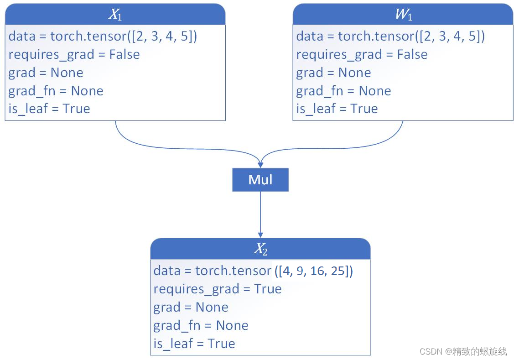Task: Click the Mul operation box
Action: (260, 180)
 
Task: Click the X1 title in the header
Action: (115, 15)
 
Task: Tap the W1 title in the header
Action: (403, 15)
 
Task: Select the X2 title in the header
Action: (260, 249)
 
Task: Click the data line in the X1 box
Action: (103, 36)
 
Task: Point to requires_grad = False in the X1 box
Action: (74, 54)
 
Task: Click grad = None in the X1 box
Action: (46, 73)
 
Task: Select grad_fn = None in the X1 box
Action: (56, 91)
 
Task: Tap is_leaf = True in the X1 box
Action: (49, 109)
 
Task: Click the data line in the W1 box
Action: (390, 36)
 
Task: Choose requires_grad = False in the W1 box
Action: (362, 54)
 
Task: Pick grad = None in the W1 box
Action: (334, 73)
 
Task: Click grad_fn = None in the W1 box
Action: (343, 91)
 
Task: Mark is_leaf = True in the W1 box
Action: (337, 109)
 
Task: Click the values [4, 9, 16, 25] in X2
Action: (314, 271)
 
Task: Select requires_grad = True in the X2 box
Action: (218, 289)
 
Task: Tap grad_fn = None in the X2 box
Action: (201, 326)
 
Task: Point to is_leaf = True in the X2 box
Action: (194, 344)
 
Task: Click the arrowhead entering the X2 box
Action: (260, 235)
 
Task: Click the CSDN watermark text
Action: (463, 351)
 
